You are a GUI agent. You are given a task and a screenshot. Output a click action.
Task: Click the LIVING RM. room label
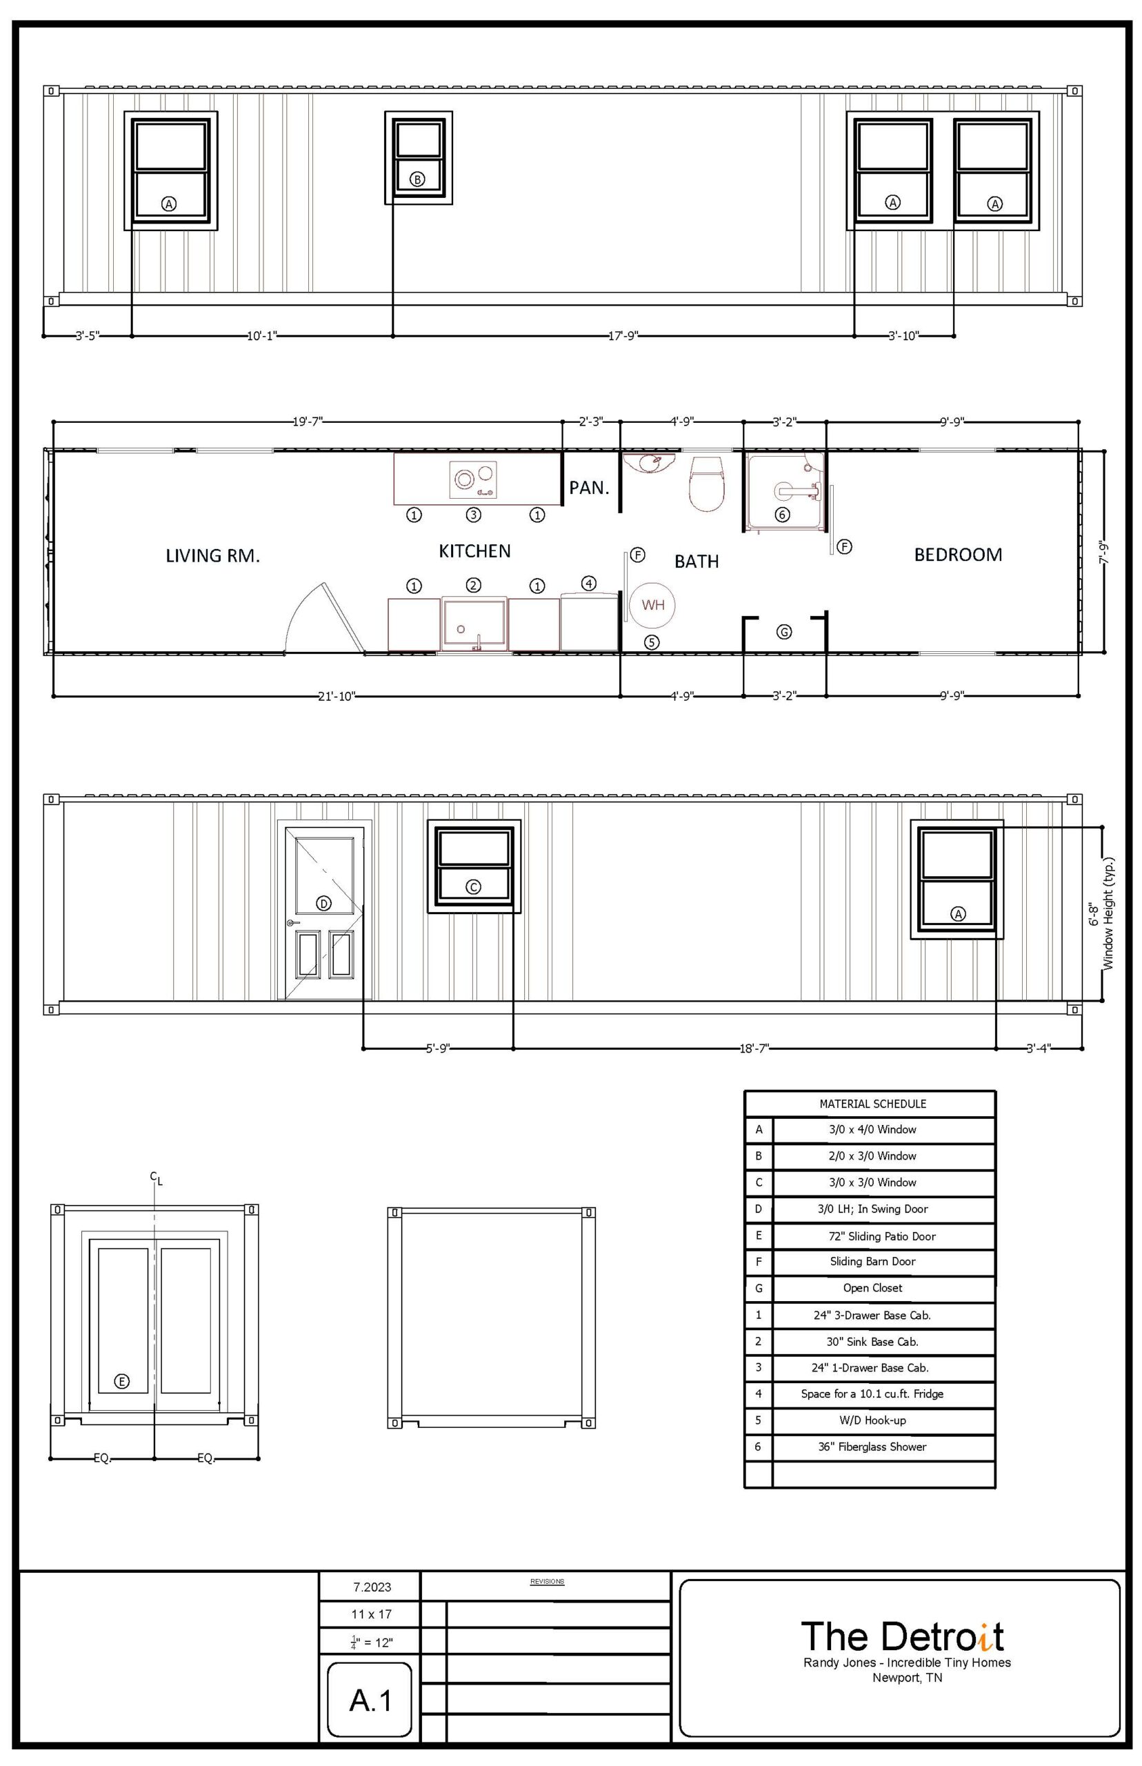point(213,555)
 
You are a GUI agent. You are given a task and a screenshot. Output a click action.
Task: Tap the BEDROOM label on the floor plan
point(958,554)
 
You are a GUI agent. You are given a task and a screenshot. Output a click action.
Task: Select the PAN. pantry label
point(590,487)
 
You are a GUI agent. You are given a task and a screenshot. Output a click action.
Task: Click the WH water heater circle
point(652,604)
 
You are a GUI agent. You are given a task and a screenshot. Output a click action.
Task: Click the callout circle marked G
point(784,632)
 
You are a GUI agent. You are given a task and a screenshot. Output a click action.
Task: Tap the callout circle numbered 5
point(651,642)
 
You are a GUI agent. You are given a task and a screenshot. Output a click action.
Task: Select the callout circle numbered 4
point(588,583)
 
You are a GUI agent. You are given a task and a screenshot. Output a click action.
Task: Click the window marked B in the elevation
point(418,157)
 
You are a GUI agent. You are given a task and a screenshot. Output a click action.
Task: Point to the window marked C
point(474,866)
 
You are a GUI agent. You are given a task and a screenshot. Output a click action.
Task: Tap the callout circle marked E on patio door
point(122,1381)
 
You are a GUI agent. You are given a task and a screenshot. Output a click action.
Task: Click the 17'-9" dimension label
point(623,336)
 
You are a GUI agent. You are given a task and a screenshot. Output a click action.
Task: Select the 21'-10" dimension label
point(337,696)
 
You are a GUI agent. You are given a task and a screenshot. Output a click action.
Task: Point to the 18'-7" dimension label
point(754,1048)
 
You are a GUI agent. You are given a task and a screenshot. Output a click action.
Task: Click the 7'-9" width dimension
point(1103,553)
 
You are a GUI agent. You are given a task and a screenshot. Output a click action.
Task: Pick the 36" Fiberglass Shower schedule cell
point(872,1447)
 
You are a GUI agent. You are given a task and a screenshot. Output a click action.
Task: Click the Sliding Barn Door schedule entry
point(872,1261)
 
